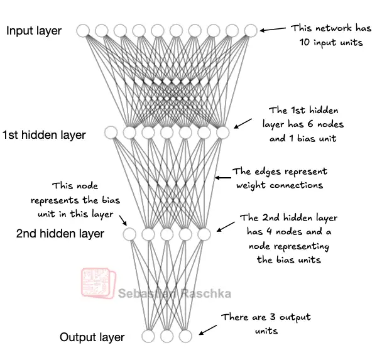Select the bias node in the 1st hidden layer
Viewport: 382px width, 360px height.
(x=111, y=133)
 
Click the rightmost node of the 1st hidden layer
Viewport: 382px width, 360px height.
(x=222, y=133)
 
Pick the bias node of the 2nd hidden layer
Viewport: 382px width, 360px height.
(x=129, y=234)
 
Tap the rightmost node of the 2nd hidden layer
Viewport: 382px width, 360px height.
(x=204, y=234)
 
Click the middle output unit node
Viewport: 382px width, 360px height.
(x=166, y=336)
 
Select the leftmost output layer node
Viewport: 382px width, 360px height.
(x=148, y=336)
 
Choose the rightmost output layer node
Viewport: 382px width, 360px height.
(x=185, y=336)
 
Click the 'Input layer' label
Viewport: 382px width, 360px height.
(x=34, y=31)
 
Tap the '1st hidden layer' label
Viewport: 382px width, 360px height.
(x=44, y=134)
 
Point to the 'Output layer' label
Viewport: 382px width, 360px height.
(x=92, y=337)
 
